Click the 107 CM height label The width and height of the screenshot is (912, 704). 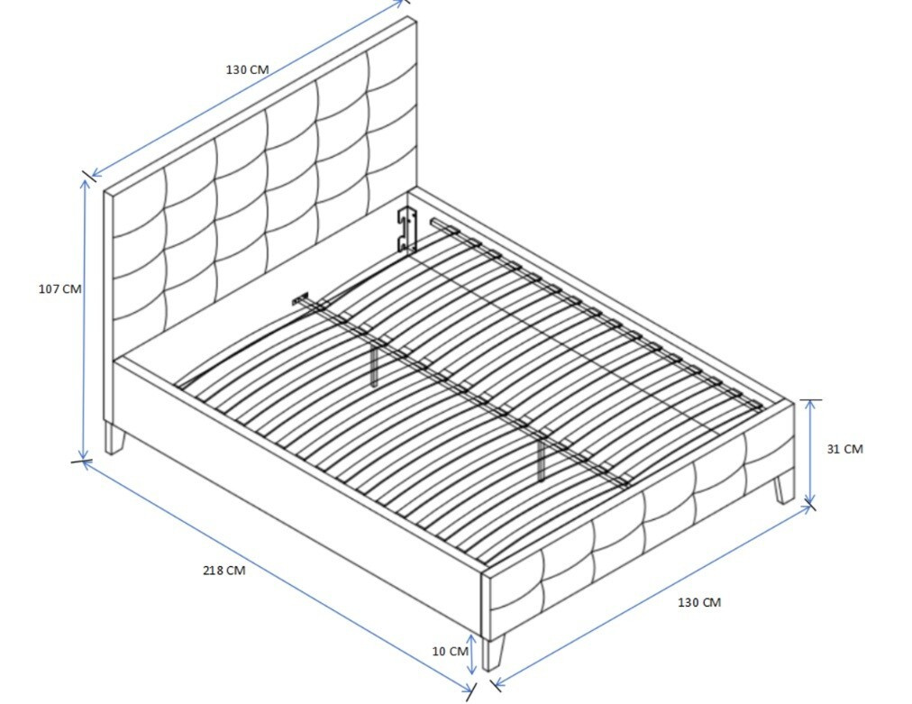59,288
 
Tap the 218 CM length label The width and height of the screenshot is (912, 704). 223,571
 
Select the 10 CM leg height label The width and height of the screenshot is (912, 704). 451,651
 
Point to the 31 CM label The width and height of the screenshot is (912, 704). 844,449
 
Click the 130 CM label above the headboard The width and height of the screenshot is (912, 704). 248,69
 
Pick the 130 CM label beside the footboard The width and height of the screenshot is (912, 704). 699,602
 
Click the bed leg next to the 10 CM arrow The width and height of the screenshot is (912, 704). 493,653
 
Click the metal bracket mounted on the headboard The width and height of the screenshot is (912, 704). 407,229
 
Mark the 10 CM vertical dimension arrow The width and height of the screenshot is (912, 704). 472,655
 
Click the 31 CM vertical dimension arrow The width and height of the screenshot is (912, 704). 809,452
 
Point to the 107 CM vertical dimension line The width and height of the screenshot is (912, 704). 85,319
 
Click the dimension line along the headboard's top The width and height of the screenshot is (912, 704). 248,87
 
